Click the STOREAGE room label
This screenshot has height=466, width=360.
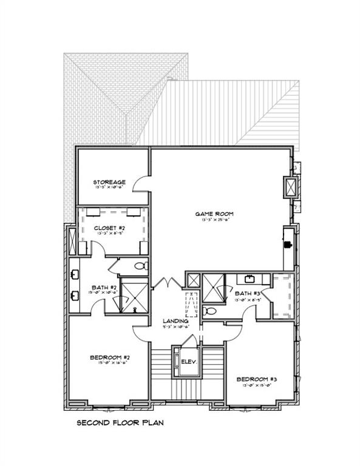tap(109, 182)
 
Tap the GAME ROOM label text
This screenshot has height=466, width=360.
tap(214, 214)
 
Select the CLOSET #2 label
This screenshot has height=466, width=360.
tap(110, 228)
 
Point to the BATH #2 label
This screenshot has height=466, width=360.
tap(100, 287)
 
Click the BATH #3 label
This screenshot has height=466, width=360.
tap(246, 294)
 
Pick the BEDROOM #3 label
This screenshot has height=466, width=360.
tap(257, 379)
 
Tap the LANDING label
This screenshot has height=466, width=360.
tap(175, 320)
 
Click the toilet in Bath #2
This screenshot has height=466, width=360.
tap(139, 265)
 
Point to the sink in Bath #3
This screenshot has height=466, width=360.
tap(250, 280)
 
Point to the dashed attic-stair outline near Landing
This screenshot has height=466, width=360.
tap(192, 303)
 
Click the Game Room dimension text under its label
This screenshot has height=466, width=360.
tap(214, 220)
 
